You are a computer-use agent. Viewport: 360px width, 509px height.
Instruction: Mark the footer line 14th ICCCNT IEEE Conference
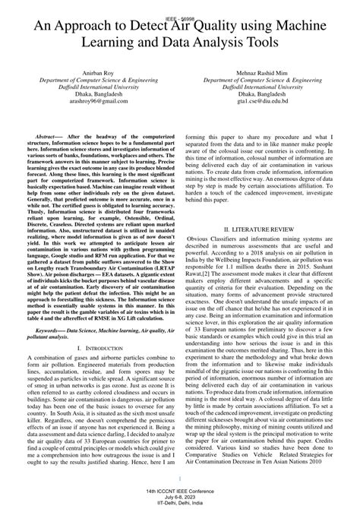pyautogui.click(x=180, y=490)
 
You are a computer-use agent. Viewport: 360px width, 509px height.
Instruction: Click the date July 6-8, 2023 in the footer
pyautogui.click(x=180, y=496)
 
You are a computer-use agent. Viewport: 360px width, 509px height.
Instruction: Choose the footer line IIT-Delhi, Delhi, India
pyautogui.click(x=180, y=502)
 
